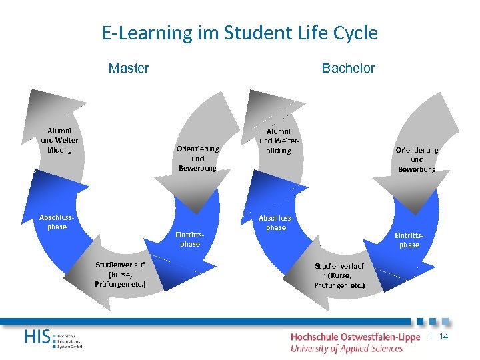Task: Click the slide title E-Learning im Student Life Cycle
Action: click(240, 33)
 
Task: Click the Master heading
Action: click(129, 68)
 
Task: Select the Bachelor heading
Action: click(348, 68)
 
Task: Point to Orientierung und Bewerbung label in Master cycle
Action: click(197, 158)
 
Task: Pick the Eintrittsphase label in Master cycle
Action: click(189, 239)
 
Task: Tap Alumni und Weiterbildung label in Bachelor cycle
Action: click(279, 141)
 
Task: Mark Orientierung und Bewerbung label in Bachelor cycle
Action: click(417, 159)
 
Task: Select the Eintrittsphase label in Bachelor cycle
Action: click(409, 240)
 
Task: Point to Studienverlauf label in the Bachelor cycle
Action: click(339, 275)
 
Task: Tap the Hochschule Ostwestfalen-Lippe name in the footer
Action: click(355, 337)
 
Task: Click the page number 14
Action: click(444, 337)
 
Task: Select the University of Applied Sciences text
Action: click(347, 348)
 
